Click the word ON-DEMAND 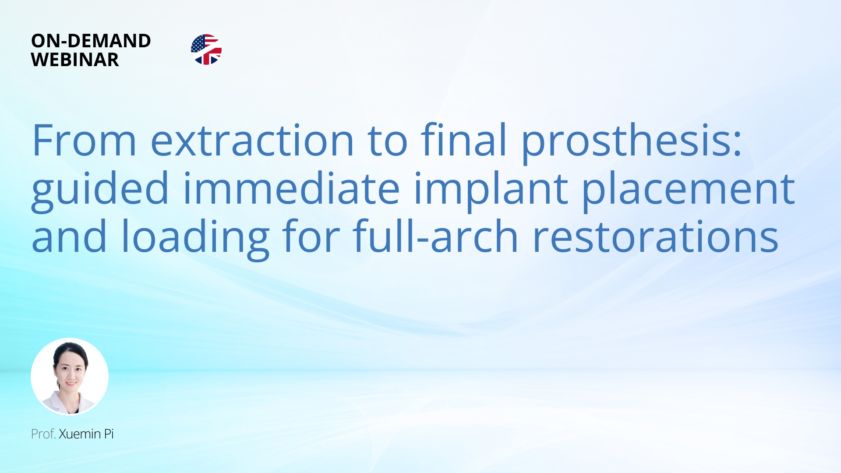click(x=91, y=41)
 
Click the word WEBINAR click(x=75, y=60)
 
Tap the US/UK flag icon click(x=206, y=49)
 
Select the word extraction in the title click(x=252, y=141)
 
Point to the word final click(x=464, y=141)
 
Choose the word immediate click(x=291, y=189)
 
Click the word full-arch click(x=436, y=237)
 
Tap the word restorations click(x=655, y=237)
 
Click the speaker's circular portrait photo click(x=70, y=376)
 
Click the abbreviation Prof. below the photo click(x=43, y=434)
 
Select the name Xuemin click(x=80, y=434)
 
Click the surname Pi click(x=109, y=434)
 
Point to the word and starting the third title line click(x=69, y=237)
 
